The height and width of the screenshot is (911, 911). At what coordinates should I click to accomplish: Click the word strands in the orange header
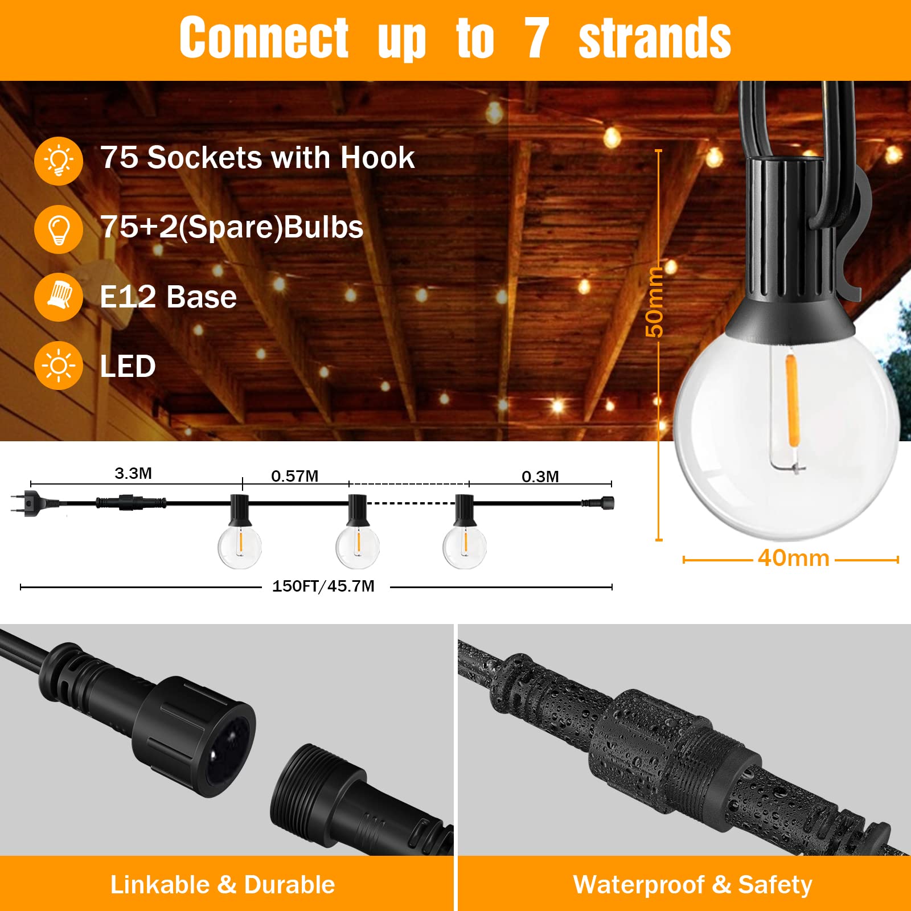pos(655,38)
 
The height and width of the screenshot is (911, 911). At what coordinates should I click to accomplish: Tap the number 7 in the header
pos(536,38)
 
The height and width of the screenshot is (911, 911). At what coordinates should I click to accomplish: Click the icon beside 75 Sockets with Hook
pos(59,161)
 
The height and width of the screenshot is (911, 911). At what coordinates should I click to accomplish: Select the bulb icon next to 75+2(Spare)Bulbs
pos(59,229)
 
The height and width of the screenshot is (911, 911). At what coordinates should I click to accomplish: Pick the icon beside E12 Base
pos(59,297)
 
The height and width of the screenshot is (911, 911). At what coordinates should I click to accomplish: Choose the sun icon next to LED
pos(59,366)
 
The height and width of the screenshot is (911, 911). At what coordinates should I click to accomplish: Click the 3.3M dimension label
pos(133,473)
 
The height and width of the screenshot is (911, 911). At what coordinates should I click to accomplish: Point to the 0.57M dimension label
pos(294,476)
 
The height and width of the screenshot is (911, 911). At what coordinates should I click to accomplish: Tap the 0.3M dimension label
pos(540,477)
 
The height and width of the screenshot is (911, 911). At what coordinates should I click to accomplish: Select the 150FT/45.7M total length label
pos(323,586)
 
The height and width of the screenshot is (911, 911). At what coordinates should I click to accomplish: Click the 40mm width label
pos(794,559)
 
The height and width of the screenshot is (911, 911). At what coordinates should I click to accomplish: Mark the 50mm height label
pos(655,302)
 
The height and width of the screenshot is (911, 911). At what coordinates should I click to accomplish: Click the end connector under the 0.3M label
pos(598,503)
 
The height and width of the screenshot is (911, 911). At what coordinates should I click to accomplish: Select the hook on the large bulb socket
pos(840,233)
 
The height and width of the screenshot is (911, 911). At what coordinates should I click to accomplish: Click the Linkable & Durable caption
pos(223,885)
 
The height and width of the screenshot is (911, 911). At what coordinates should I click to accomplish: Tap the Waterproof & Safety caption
pos(693,885)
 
